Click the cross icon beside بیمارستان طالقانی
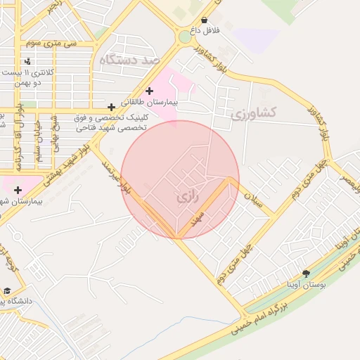[148, 91]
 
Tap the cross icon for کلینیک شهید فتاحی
[111, 107]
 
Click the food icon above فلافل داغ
[204, 20]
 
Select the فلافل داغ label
[204, 32]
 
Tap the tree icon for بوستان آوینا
[305, 274]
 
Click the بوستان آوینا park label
[305, 285]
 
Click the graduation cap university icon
[6, 290]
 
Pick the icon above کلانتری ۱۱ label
[27, 61]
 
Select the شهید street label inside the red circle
[205, 215]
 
